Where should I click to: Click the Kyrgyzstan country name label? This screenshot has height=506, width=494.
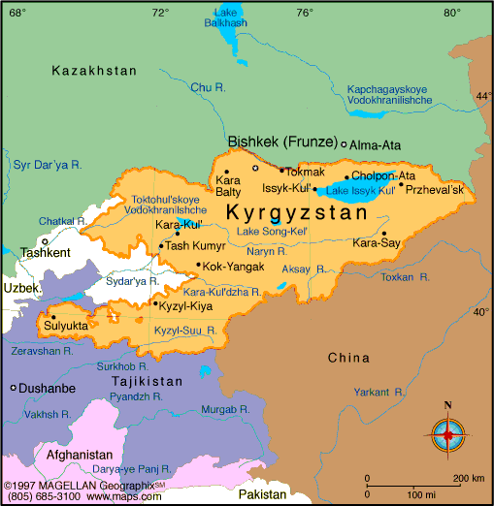297,211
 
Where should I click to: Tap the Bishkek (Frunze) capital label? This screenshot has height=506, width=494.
282,142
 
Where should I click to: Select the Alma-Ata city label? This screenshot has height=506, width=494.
376,144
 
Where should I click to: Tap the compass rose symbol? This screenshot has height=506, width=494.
446,429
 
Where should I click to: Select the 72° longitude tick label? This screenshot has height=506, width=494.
160,12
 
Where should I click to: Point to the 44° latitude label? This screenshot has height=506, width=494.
483,96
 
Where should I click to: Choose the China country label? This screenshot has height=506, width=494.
349,358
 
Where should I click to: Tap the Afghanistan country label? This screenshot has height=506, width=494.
80,454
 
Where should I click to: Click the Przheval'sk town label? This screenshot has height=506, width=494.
436,188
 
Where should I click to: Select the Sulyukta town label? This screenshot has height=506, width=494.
66,326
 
